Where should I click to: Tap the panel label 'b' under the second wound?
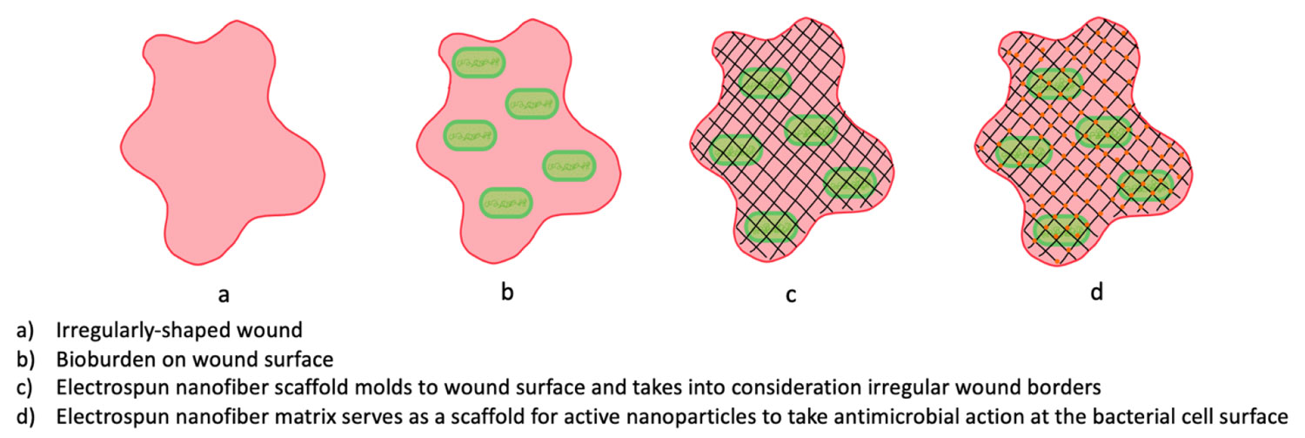coord(508,293)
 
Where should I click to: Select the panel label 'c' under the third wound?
coord(791,294)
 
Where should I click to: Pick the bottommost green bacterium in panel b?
coord(506,203)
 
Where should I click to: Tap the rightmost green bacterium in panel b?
coord(569,165)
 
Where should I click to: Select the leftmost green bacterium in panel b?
coord(470,135)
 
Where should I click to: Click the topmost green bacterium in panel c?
coord(763,83)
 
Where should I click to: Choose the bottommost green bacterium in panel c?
coord(771,226)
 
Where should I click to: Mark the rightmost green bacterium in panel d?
coord(1146,184)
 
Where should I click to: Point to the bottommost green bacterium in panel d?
coord(1061,231)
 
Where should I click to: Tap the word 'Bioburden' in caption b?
coord(97,358)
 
